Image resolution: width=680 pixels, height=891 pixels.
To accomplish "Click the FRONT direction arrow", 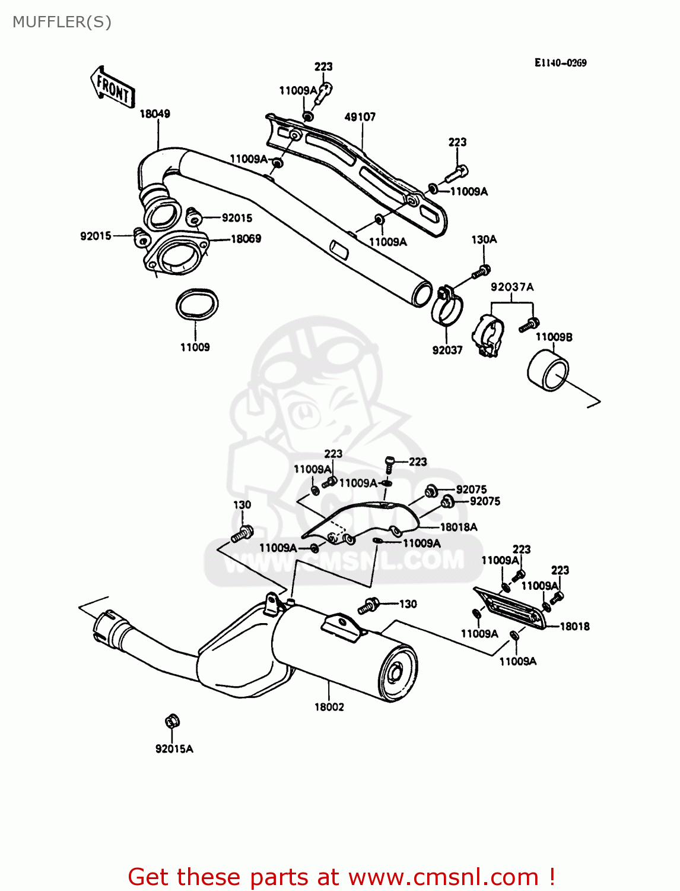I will (112, 87).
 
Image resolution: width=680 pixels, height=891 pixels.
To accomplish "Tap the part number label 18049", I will (155, 113).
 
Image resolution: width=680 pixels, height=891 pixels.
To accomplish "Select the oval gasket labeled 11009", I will (197, 305).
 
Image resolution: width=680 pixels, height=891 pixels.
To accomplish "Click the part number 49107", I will (360, 117).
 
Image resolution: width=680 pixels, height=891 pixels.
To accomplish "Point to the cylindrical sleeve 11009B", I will (547, 371).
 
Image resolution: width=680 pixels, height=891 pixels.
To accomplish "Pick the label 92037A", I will (511, 287).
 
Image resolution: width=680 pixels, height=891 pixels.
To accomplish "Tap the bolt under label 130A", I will (480, 272).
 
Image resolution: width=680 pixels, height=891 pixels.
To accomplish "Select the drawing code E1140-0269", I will (560, 63).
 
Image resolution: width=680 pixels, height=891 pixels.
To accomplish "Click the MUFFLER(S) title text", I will (62, 22).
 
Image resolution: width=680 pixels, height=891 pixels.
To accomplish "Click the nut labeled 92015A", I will (172, 722).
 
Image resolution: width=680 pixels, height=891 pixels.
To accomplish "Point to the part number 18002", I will (329, 707).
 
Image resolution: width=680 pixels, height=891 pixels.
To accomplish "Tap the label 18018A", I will (458, 527).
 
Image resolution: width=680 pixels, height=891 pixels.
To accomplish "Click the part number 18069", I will (246, 239).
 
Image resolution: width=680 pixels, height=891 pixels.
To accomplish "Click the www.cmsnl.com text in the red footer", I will (443, 877).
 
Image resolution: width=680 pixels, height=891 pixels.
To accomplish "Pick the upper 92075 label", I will (471, 489).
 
